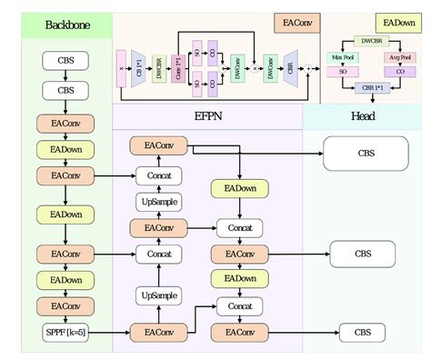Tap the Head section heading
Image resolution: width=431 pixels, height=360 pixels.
point(363,116)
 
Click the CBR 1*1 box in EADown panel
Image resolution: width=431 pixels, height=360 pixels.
point(370,89)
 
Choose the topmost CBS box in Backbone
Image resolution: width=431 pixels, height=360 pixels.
point(66,62)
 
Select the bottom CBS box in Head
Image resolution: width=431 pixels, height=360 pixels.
point(362,333)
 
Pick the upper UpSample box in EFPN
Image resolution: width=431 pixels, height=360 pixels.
point(159,201)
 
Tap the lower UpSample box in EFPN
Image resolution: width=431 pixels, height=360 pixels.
point(159,295)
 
